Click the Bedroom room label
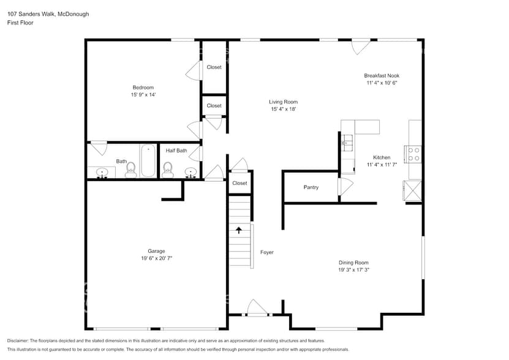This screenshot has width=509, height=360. [143, 88]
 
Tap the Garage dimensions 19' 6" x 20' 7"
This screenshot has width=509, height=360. [156, 258]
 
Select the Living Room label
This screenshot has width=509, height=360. [283, 102]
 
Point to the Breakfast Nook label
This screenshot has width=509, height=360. [382, 75]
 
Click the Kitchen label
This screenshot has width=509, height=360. [378, 157]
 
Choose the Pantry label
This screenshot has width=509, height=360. [311, 187]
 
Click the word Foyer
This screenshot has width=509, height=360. [266, 252]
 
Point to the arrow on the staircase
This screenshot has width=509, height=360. [239, 230]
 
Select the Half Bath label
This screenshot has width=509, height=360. [176, 151]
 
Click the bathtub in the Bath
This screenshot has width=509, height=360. [148, 160]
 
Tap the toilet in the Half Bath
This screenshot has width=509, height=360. [168, 169]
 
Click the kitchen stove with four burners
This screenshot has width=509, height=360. [413, 154]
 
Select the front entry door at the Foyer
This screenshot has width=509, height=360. [256, 308]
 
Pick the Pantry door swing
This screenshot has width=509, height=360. [345, 187]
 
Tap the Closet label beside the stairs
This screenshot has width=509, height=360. [239, 183]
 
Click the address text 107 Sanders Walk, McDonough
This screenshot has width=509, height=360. [48, 13]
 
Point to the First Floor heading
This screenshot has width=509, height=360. [20, 23]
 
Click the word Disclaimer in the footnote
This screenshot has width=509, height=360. [18, 340]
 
